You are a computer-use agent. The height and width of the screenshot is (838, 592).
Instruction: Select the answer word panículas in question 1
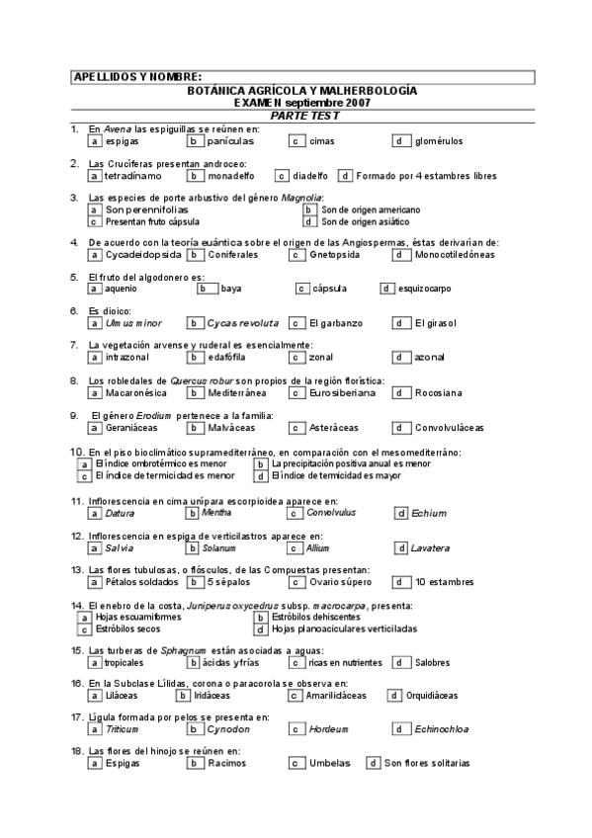click(231, 141)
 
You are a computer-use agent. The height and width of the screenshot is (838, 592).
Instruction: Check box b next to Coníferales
click(196, 254)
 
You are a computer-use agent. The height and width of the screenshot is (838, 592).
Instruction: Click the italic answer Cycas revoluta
click(243, 323)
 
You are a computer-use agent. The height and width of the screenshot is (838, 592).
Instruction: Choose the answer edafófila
click(230, 357)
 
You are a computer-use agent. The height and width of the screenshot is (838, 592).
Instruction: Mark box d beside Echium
click(400, 513)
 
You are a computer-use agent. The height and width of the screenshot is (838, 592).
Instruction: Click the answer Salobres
click(432, 662)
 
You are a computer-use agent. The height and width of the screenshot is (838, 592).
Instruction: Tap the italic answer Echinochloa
click(442, 729)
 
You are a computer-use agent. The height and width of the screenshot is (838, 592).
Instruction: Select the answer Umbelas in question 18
click(329, 763)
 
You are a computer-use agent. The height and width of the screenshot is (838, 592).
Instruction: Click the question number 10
click(76, 452)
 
